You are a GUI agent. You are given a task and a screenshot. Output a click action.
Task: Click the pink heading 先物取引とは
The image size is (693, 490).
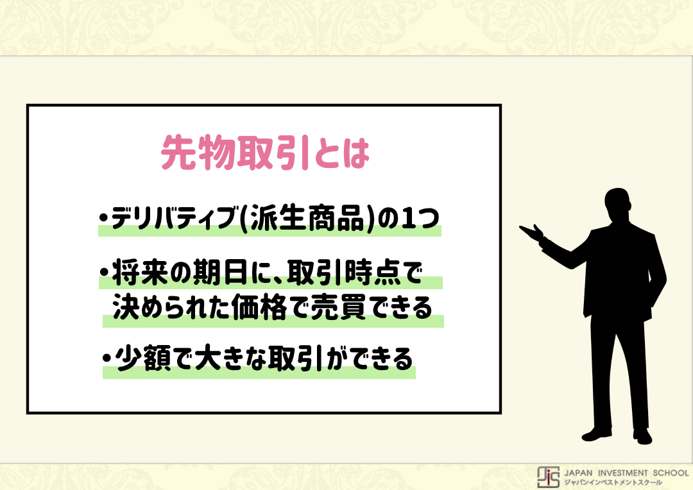point(265,153)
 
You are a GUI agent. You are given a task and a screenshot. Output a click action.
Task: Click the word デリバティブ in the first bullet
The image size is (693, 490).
point(174,218)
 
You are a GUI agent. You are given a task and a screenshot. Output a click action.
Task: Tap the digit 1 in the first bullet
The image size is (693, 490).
point(408,218)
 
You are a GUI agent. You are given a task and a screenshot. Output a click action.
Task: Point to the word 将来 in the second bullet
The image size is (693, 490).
point(141,273)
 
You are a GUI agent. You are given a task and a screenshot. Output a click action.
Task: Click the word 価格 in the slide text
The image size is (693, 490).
point(259,307)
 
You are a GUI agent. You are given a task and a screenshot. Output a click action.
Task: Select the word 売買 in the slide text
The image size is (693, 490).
point(339,307)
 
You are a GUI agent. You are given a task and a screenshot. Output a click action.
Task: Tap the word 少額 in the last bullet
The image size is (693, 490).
point(144,359)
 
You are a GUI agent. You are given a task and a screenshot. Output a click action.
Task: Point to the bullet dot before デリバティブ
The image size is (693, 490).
point(104,218)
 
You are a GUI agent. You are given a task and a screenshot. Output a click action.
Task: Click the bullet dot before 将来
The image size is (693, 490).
point(105,272)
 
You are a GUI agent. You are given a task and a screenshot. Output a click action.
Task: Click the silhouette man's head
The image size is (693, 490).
point(617,205)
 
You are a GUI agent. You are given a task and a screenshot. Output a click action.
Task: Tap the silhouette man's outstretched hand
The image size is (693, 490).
point(532,232)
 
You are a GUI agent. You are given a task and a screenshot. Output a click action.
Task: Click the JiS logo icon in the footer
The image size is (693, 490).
point(548,477)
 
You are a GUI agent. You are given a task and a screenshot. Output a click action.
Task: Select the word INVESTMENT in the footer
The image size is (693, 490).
point(622,473)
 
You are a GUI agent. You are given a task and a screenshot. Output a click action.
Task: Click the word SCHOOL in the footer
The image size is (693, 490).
point(671,473)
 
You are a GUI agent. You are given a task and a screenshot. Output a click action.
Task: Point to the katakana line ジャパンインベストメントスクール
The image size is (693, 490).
point(613,483)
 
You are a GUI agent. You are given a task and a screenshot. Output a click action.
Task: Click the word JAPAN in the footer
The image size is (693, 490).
point(578,473)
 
